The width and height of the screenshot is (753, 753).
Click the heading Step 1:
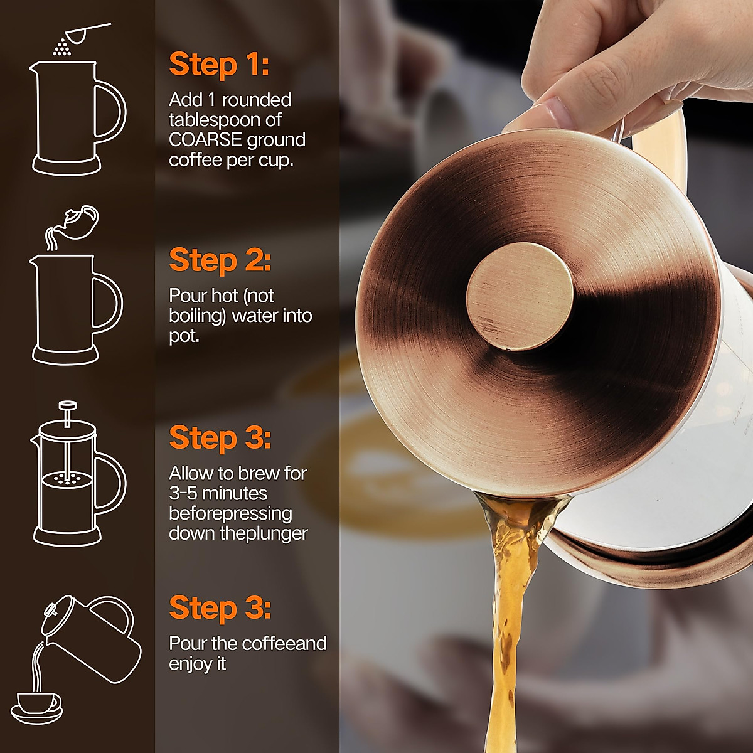click(219, 65)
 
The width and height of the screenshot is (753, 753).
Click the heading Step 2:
click(220, 260)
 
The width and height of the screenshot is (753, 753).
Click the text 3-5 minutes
click(218, 493)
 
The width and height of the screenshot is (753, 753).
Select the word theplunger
click(272, 533)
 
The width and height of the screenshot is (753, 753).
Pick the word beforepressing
click(230, 513)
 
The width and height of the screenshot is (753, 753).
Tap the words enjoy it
click(197, 664)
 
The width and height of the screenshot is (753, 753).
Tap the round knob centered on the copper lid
click(520, 296)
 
